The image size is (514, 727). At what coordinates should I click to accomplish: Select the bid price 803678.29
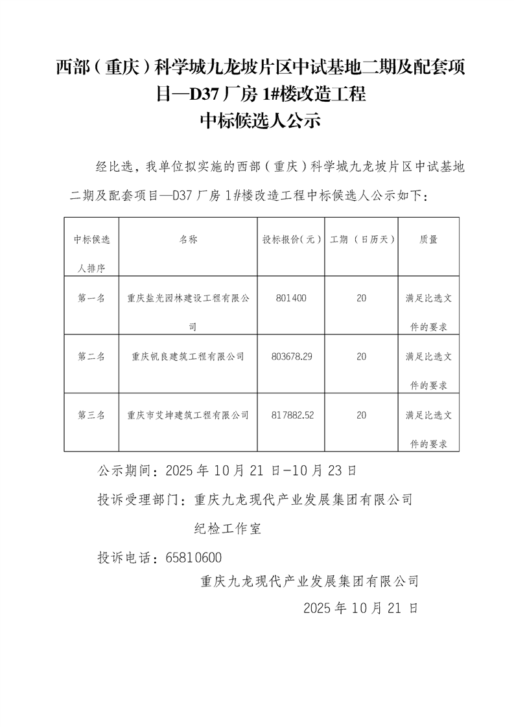click(x=294, y=356)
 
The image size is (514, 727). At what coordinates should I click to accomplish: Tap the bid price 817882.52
click(x=294, y=415)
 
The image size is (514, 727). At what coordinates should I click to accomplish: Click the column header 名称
click(x=188, y=239)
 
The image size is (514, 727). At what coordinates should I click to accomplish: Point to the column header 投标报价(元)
click(x=292, y=239)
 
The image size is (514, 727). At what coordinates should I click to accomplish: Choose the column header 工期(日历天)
click(x=362, y=239)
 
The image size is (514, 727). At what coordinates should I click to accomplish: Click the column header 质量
click(x=428, y=239)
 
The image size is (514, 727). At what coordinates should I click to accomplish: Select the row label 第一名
click(x=91, y=298)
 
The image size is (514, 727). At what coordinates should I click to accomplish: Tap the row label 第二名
click(x=91, y=356)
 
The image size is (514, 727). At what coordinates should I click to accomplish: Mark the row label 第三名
click(x=91, y=415)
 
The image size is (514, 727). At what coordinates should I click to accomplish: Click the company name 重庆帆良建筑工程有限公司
click(x=188, y=356)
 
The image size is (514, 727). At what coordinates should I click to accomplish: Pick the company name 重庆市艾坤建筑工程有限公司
click(x=188, y=415)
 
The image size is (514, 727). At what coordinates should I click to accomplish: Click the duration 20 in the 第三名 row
click(x=362, y=415)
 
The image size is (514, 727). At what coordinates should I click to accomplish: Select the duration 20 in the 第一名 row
click(x=362, y=298)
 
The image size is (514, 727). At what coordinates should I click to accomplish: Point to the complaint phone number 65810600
click(x=194, y=557)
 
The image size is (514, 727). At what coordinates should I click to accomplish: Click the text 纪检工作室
click(x=228, y=529)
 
